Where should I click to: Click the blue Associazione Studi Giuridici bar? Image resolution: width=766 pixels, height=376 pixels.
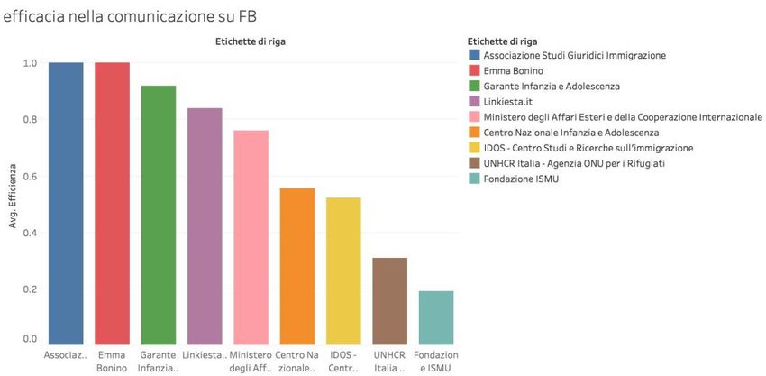pos(66,203)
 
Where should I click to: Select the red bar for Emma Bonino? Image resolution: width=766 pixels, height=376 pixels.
pos(112,203)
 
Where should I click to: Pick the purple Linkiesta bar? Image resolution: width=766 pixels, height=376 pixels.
pos(205,225)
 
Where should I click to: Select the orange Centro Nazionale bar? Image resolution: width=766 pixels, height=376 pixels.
pos(296,266)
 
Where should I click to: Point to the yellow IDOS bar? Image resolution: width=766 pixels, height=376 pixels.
pos(343,271)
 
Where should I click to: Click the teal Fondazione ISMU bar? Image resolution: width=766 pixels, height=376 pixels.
pos(435,316)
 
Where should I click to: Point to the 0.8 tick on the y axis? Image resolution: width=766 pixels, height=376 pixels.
pos(31,120)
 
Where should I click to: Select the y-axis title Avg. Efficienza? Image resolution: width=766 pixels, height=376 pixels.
pos(13,196)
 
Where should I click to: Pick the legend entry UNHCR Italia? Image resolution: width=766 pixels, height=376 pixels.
pos(558,163)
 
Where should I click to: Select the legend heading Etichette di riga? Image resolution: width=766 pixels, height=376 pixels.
pos(504,41)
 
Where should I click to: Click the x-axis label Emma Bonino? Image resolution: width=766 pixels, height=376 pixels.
pos(112,362)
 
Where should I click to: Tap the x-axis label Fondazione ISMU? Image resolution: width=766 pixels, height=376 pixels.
pos(435,362)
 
